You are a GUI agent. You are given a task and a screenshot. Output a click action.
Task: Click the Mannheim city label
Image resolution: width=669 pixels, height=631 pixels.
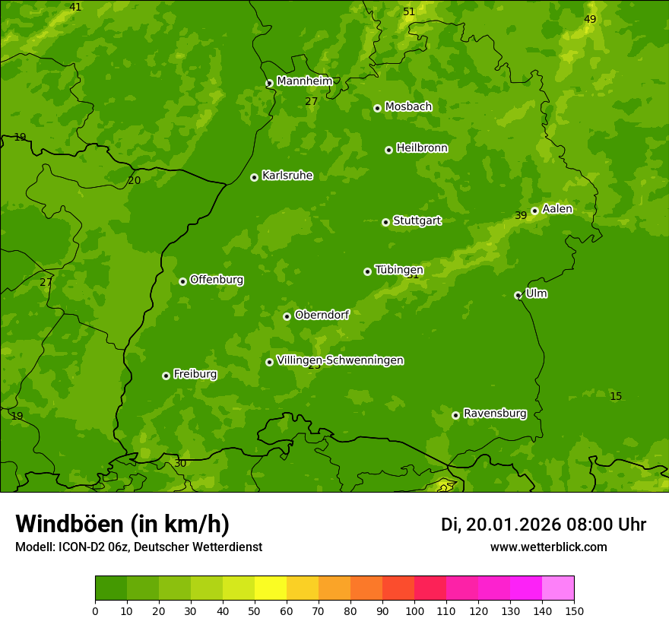304,81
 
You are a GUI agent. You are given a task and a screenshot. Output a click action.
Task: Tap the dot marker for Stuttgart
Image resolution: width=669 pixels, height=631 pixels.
385,222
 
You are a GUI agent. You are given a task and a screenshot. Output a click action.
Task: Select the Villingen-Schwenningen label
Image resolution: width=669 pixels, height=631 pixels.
340,360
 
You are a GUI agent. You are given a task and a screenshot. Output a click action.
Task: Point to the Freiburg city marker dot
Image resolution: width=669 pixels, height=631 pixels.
166,376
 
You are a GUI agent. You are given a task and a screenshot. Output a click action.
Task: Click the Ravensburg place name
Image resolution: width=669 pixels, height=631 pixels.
494,414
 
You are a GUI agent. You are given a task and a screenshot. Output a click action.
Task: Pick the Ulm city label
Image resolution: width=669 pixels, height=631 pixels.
536,293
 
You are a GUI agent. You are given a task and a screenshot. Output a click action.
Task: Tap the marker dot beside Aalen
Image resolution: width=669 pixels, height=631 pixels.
534,211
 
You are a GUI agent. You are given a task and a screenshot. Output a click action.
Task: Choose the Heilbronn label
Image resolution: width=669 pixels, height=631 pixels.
422,148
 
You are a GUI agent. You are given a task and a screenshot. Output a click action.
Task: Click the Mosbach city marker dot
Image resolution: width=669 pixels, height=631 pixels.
377,108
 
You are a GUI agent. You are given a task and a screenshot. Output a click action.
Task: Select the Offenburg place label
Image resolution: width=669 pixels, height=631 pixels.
217,280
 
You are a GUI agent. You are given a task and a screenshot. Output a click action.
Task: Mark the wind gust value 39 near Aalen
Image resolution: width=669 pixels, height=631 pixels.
521,216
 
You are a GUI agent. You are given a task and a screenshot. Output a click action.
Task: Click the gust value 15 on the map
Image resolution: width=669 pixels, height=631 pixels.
616,396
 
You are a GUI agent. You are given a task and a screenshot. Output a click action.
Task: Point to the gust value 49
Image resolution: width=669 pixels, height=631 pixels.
590,19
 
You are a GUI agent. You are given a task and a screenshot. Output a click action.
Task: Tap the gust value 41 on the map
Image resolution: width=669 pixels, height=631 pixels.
75,7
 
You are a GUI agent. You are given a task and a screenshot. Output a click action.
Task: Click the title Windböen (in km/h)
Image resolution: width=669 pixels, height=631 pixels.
122,524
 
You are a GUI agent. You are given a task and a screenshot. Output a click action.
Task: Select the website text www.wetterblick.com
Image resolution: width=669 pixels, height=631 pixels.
548,547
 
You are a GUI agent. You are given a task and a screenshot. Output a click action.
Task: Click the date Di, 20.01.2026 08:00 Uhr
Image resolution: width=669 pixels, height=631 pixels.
544,525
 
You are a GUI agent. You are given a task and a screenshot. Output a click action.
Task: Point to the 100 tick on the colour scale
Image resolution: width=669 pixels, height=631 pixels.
414,610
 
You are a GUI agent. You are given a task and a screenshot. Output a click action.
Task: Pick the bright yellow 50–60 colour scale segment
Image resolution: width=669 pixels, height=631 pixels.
271,588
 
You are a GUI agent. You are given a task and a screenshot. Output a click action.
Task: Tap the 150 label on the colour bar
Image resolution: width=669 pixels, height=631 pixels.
574,610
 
